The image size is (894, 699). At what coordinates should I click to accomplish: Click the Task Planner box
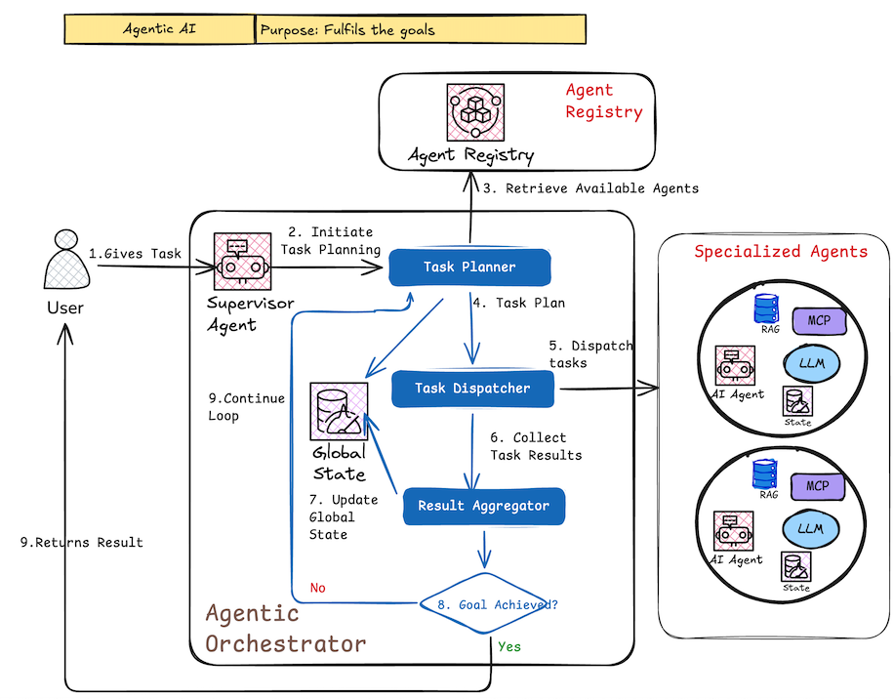click(469, 267)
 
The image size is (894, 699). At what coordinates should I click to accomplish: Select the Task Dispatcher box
click(472, 388)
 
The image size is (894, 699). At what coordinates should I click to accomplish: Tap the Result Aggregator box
click(483, 506)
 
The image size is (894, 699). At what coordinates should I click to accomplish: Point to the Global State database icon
click(339, 410)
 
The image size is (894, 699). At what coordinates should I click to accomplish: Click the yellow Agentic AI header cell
click(159, 29)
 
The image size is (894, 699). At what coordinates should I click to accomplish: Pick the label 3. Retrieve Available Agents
click(589, 187)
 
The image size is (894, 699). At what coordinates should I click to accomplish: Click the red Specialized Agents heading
click(780, 252)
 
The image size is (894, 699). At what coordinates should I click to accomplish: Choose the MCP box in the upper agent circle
click(817, 319)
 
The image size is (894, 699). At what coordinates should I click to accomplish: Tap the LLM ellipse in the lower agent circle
click(810, 528)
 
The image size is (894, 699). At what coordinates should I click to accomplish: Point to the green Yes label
click(509, 646)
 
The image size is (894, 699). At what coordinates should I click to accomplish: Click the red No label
click(317, 589)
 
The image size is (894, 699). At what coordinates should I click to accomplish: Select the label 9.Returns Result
click(82, 542)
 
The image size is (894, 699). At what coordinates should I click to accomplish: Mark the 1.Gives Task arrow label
click(135, 254)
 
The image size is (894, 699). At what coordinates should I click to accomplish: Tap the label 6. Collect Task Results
click(535, 446)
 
